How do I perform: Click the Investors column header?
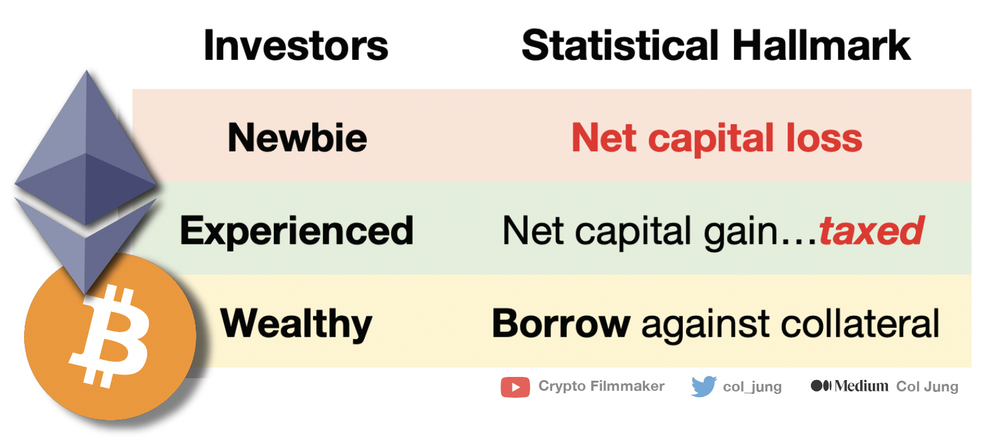pos(295,45)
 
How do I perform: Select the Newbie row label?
pos(297,137)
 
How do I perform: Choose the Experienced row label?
pos(297,231)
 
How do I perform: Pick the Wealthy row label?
pos(297,323)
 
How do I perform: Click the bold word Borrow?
pos(561,323)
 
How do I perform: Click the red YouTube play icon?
pos(515,386)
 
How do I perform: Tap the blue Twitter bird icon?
pos(704,386)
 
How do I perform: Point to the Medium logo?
pos(849,386)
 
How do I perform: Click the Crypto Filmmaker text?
pos(601,386)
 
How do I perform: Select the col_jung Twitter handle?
pos(752,387)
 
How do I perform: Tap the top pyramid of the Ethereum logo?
pos(86,145)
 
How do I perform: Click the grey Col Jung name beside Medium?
pos(927,386)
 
